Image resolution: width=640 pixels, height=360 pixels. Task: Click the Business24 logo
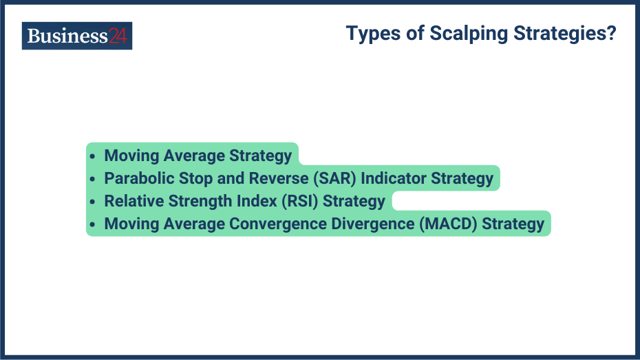click(x=77, y=36)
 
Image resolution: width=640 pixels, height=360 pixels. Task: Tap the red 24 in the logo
click(x=117, y=36)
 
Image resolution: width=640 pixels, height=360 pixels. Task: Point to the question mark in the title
click(x=611, y=33)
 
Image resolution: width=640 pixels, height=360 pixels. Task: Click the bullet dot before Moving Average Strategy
click(x=93, y=156)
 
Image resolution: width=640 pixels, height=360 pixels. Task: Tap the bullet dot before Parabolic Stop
click(x=93, y=179)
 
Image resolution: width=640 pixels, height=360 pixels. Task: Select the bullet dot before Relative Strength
click(x=93, y=202)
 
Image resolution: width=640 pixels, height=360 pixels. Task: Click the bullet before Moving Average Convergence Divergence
click(x=93, y=224)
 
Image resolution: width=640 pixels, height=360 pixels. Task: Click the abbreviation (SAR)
click(x=336, y=178)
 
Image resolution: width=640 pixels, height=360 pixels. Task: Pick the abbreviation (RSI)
click(x=297, y=201)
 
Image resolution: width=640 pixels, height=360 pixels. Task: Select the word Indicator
click(x=394, y=178)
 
